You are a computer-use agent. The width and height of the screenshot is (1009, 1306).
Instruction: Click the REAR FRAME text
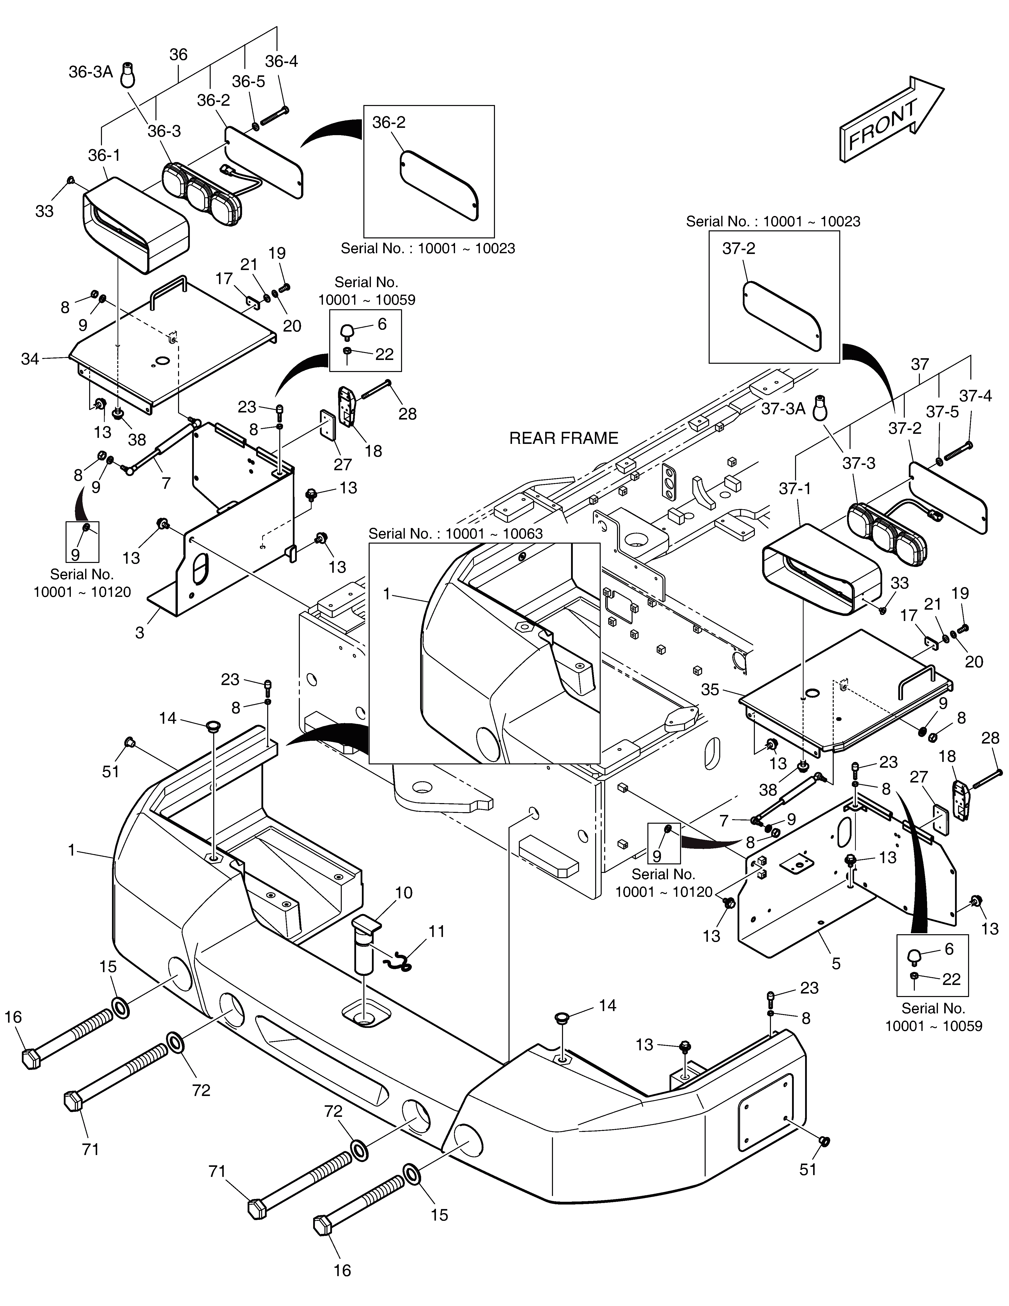point(564,438)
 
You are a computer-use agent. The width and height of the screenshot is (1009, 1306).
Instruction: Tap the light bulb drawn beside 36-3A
point(127,75)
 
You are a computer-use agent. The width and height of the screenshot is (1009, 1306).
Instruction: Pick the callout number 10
point(404,893)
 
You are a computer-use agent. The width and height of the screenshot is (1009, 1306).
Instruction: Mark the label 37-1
point(795,489)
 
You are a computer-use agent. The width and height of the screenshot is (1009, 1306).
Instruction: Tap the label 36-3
point(164,131)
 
